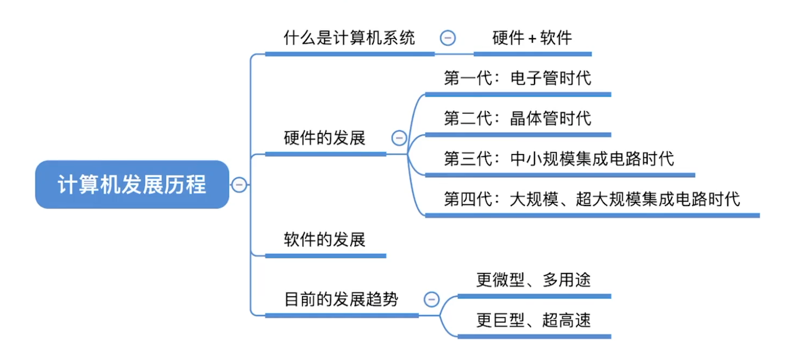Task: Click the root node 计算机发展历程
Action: pyautogui.click(x=132, y=184)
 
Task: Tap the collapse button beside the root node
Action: pyautogui.click(x=239, y=184)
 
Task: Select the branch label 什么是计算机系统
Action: pyautogui.click(x=349, y=38)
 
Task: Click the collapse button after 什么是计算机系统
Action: pyautogui.click(x=448, y=38)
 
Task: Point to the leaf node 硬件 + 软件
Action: pyautogui.click(x=532, y=38)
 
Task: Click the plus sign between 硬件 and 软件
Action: pyautogui.click(x=532, y=38)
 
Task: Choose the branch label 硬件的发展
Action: pyautogui.click(x=325, y=138)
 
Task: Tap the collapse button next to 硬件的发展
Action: pyautogui.click(x=399, y=138)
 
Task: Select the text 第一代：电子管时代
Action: pyautogui.click(x=517, y=78)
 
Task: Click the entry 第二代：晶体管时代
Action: pyautogui.click(x=517, y=118)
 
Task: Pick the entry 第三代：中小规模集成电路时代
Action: pyautogui.click(x=559, y=159)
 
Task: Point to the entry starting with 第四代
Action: pyautogui.click(x=592, y=199)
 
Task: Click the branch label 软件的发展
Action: pyautogui.click(x=325, y=240)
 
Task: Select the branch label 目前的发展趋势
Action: pyautogui.click(x=341, y=300)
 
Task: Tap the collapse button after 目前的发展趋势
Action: pyautogui.click(x=431, y=300)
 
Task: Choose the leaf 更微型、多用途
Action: pyautogui.click(x=534, y=280)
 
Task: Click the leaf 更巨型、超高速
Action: pyautogui.click(x=534, y=320)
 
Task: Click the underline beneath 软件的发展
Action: pyautogui.click(x=325, y=256)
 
